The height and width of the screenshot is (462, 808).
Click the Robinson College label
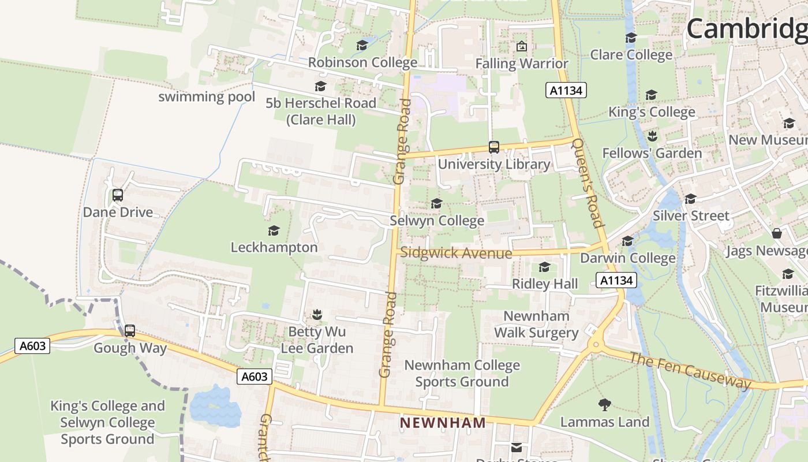coord(362,62)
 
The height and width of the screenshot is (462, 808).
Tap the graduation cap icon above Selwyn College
coord(436,204)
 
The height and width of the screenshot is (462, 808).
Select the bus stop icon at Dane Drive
coord(118,195)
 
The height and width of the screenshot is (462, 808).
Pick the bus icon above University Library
coord(494,147)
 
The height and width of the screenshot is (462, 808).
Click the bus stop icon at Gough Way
coord(130,331)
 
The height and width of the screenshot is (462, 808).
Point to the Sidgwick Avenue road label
coord(456,253)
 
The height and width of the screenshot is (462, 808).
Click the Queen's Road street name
coord(588,182)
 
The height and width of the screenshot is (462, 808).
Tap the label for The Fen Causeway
coord(690,371)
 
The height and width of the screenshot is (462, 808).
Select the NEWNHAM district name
coord(443,423)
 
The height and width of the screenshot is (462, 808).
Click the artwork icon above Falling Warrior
coord(522,46)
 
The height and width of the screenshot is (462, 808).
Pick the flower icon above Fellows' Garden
coord(652,136)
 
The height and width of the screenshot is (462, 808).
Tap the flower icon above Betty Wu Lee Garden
coord(316,315)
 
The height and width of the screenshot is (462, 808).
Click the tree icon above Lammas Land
coord(605,404)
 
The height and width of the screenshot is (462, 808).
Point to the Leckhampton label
coord(274,247)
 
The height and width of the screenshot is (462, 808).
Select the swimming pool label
coord(207,96)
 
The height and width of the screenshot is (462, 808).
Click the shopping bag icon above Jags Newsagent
coord(777,233)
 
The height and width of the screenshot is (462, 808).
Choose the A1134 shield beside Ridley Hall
coord(616,281)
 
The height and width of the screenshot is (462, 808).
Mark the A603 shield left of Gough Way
coord(32,346)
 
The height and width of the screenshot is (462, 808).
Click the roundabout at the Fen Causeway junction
coord(595,345)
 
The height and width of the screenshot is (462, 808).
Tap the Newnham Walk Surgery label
coord(536,325)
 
